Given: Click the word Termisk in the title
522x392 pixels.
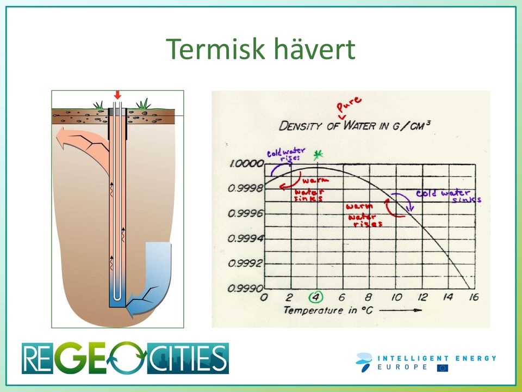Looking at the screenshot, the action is (216, 49).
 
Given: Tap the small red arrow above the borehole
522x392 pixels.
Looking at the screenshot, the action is (117, 95).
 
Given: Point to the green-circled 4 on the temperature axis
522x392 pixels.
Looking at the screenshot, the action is (316, 297).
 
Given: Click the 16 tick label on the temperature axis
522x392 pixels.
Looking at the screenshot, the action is (474, 297).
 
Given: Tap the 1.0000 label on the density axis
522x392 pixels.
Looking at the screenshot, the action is (246, 164).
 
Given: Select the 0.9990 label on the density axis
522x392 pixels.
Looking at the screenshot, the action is (246, 289).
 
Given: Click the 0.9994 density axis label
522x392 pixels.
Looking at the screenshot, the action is (246, 238).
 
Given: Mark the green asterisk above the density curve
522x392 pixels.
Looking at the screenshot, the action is (318, 154).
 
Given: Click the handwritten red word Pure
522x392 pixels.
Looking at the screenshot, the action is (348, 106).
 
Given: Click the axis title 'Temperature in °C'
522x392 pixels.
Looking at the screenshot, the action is (328, 311).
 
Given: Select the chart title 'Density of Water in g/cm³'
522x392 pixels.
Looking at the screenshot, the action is (355, 126).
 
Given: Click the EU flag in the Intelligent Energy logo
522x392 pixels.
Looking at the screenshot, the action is (443, 368).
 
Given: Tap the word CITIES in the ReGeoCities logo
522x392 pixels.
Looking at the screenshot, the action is (188, 359).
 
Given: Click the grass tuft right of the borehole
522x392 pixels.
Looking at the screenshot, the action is (143, 104).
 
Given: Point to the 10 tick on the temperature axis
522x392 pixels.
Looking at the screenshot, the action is (396, 297).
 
